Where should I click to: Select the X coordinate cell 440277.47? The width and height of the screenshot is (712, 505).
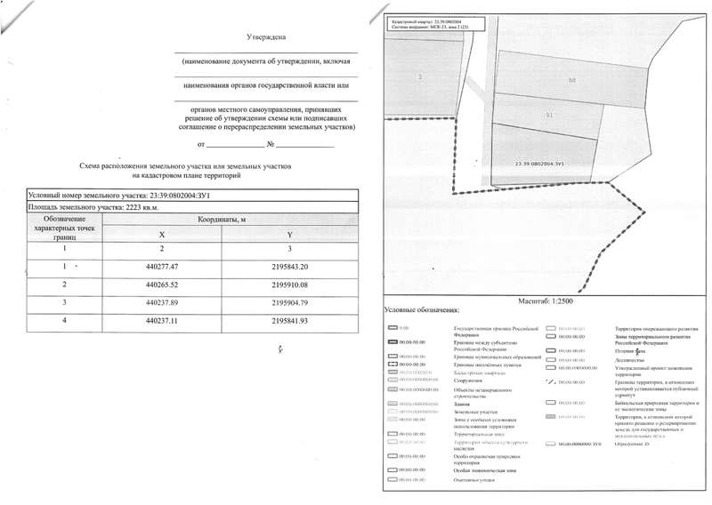[161, 266]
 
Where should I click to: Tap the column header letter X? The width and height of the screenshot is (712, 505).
[161, 234]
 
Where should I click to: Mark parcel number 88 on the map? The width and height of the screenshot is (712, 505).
[570, 80]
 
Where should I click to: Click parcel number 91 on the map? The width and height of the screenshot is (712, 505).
[549, 116]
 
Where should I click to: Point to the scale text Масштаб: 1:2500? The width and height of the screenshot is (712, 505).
[544, 301]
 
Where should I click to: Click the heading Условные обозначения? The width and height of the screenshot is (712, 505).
[421, 311]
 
